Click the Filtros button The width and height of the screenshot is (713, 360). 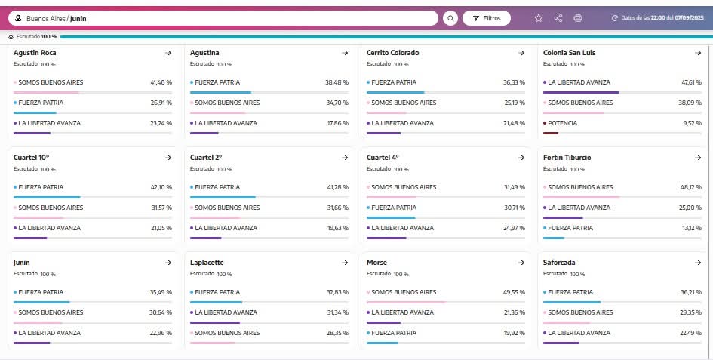click(x=487, y=18)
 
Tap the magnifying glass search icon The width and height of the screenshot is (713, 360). click(x=450, y=18)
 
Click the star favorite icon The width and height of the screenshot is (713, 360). click(x=539, y=18)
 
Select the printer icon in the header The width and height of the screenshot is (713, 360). click(x=578, y=18)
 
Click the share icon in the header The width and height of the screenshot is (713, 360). click(x=558, y=18)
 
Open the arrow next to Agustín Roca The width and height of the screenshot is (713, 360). click(x=168, y=53)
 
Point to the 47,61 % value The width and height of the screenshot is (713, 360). click(x=691, y=82)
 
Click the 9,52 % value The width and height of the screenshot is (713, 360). click(x=693, y=123)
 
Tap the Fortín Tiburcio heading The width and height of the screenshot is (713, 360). click(x=567, y=158)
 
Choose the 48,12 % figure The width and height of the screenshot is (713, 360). click(x=691, y=187)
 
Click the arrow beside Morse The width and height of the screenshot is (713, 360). click(x=521, y=263)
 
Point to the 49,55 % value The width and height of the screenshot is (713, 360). click(x=514, y=292)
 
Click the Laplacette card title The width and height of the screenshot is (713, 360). click(x=207, y=263)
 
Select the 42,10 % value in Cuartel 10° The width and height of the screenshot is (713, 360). click(x=161, y=187)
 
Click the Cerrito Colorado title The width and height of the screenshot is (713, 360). click(x=392, y=53)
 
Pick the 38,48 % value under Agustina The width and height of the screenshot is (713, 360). click(x=337, y=82)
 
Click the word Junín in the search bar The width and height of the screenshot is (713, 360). click(x=78, y=18)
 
